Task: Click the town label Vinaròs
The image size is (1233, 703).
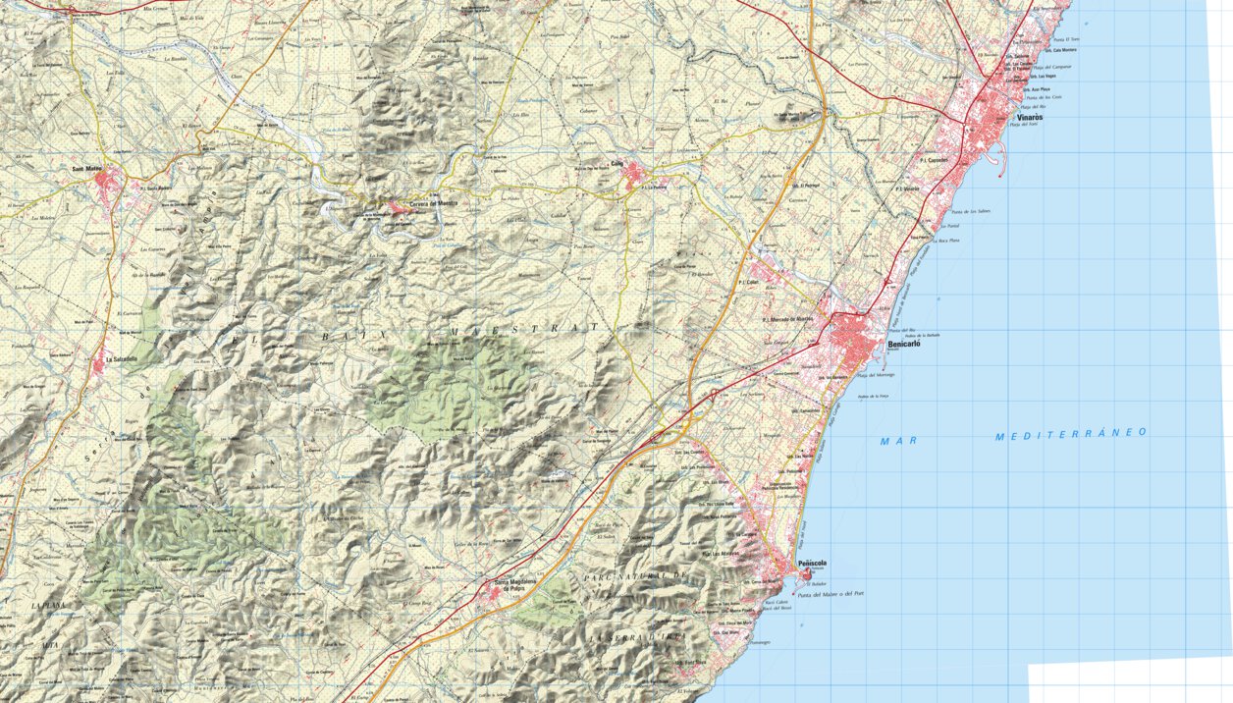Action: point(1029,117)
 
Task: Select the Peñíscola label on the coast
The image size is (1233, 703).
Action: point(812,564)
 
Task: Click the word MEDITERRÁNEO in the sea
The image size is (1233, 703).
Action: point(1070,434)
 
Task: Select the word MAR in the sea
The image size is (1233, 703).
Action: point(898,441)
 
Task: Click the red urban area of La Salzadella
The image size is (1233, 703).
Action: point(98,365)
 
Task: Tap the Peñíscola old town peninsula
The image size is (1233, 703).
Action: point(807,572)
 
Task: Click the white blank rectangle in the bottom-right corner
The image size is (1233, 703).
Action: point(1129,682)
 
